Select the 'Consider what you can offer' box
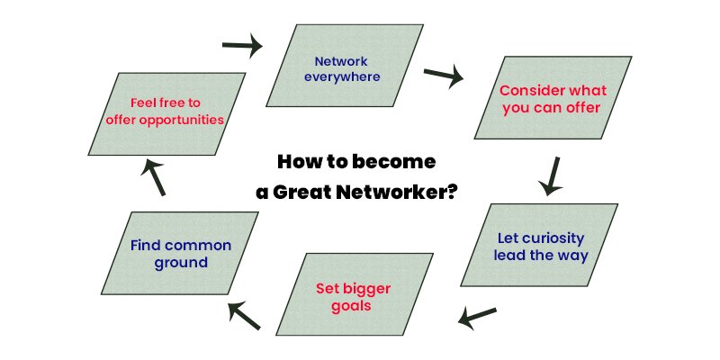[550, 100]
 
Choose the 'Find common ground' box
[181, 254]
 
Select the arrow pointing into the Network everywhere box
[242, 44]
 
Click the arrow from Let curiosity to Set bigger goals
[478, 316]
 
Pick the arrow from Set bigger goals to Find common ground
[244, 314]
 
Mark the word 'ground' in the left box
[180, 263]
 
